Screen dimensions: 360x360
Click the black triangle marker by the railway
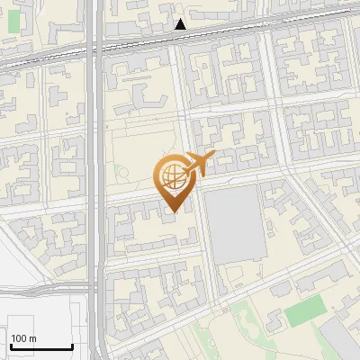pos(181,24)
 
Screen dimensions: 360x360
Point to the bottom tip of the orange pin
pos(172,212)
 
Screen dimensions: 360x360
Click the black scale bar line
pos(41,347)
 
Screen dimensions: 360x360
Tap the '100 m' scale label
pos(24,338)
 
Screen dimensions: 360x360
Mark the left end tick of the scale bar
pos(10,345)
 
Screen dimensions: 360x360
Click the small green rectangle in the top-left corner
pos(14,21)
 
